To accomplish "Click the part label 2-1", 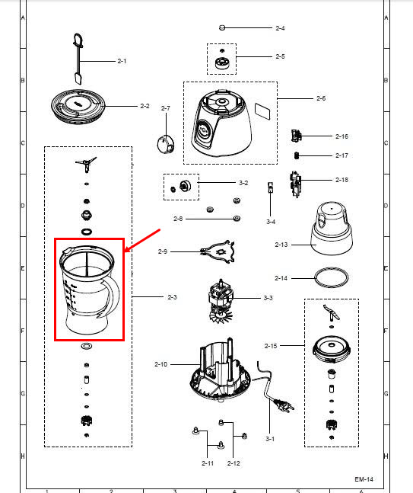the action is (x=122, y=61).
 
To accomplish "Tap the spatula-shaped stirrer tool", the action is (x=78, y=59).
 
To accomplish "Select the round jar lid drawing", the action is (x=78, y=107).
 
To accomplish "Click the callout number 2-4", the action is (x=280, y=28).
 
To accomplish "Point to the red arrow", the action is (x=143, y=241).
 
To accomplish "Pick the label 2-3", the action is (x=172, y=297).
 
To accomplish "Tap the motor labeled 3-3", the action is (x=220, y=301).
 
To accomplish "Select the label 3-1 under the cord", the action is (x=270, y=439).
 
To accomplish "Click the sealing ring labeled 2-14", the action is (x=331, y=277).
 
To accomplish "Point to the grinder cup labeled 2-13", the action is (x=332, y=228).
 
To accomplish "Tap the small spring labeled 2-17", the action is (x=297, y=155).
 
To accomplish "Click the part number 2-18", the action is (x=342, y=180).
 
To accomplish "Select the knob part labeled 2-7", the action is (x=166, y=144).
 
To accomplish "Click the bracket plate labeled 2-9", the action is (x=218, y=252).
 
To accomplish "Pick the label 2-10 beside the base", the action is (x=160, y=364).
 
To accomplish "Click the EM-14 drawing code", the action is (x=364, y=479).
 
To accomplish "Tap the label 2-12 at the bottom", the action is (x=234, y=463).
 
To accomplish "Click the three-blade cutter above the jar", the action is (x=86, y=165).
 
